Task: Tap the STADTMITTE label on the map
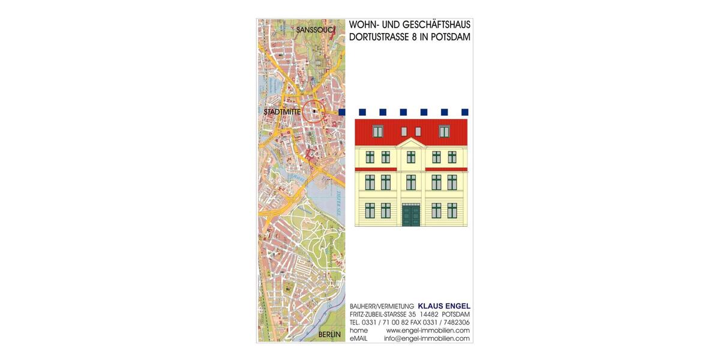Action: pos(281,112)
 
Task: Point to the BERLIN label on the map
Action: pos(329,334)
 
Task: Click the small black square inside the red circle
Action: pos(314,111)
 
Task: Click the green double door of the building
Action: pos(410,215)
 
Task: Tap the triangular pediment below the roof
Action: pos(410,142)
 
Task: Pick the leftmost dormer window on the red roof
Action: pos(378,131)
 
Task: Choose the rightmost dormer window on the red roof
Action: pos(444,131)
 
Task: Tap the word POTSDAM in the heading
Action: pos(450,37)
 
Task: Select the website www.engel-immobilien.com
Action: pos(428,331)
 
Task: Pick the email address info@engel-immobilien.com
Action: pos(427,338)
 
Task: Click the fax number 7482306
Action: pos(455,322)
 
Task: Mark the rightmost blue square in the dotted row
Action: pos(464,112)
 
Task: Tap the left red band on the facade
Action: pos(376,169)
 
